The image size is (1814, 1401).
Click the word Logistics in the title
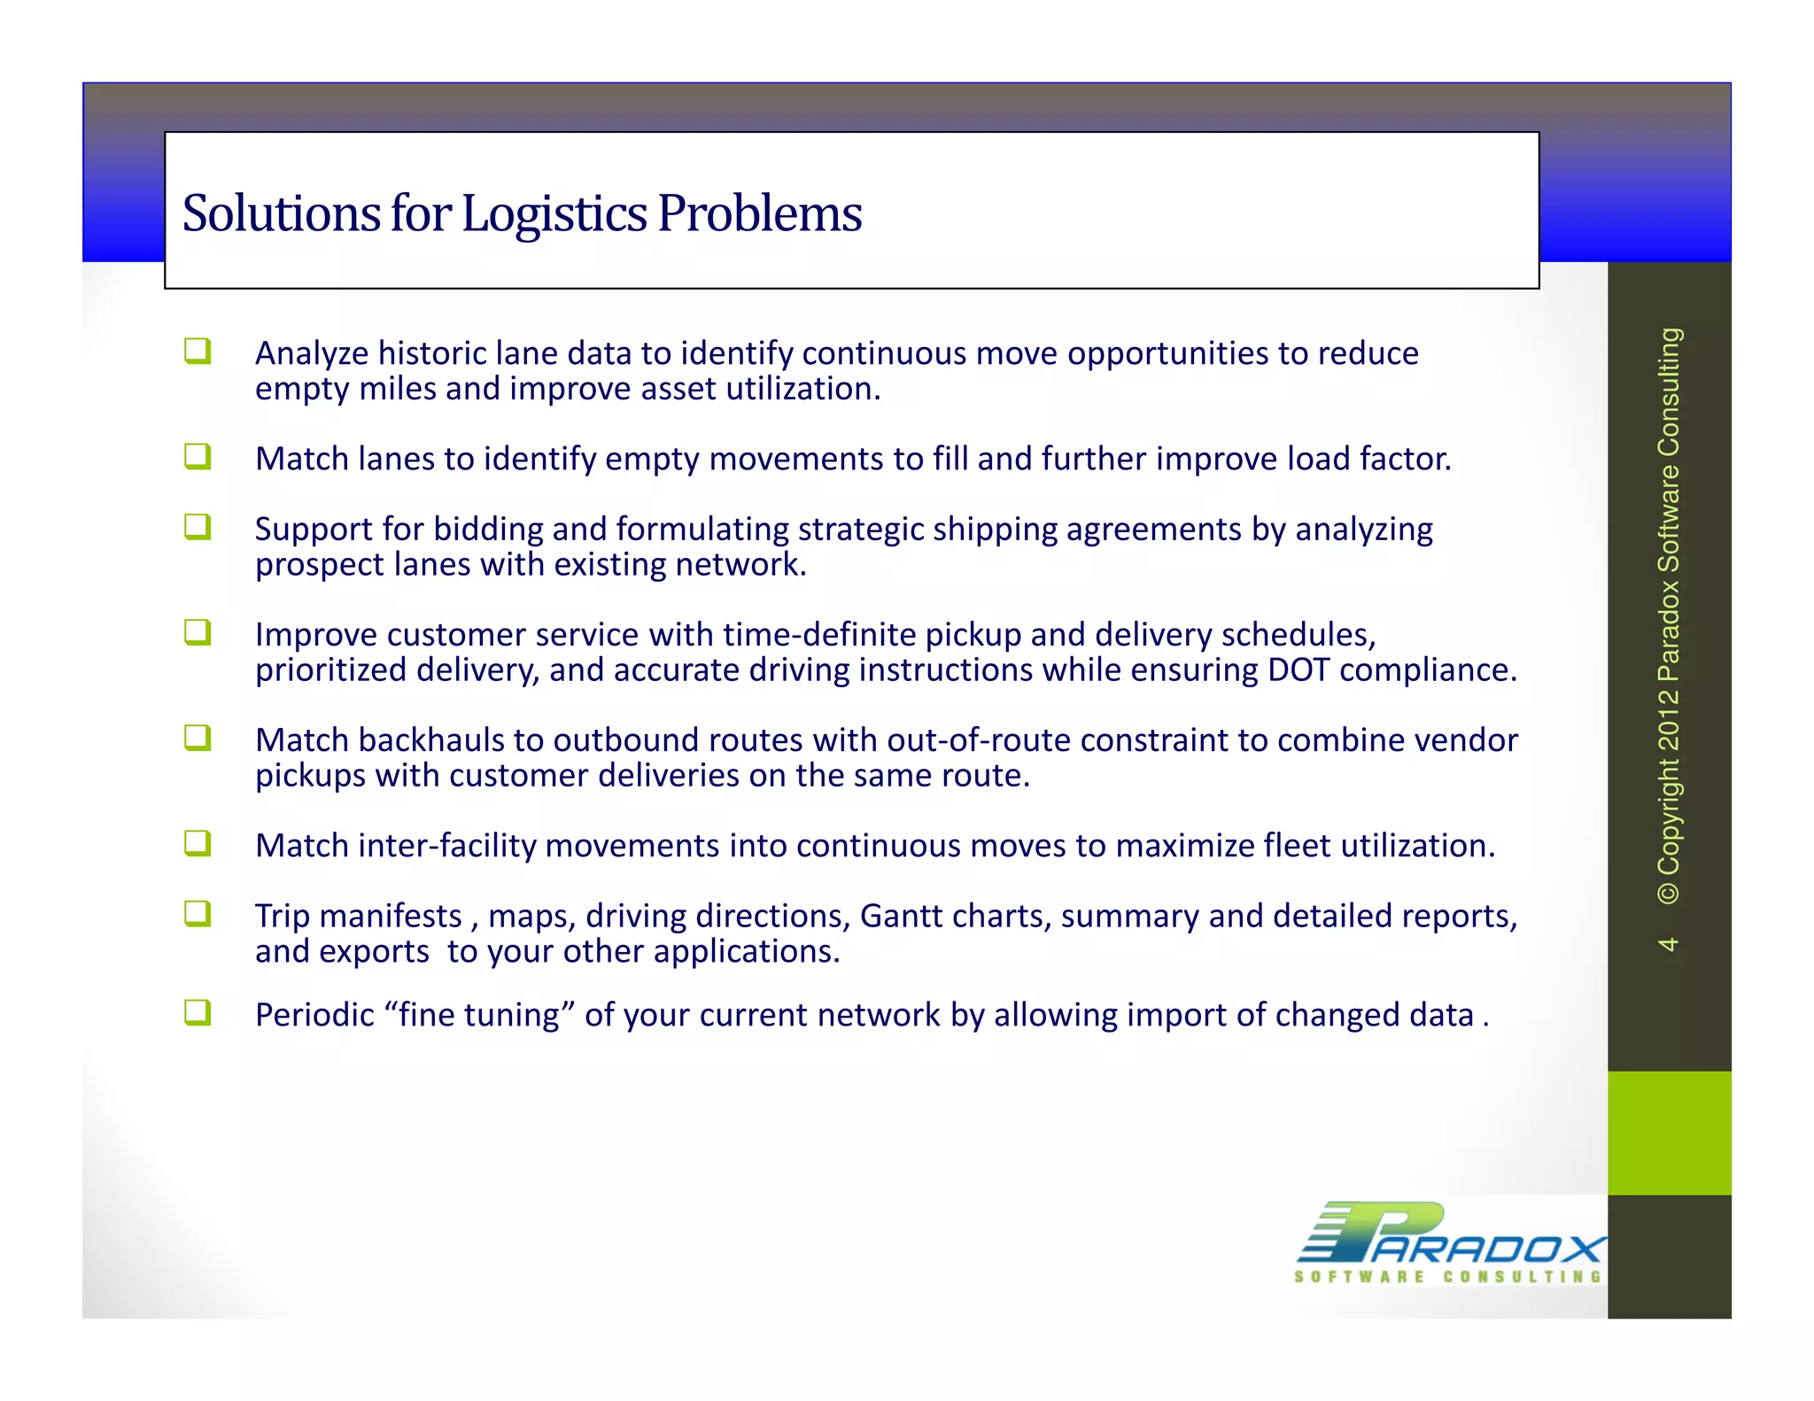554,214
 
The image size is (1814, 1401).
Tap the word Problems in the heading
759,213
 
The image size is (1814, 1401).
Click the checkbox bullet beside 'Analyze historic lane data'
198,351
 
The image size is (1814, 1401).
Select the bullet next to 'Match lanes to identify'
198,456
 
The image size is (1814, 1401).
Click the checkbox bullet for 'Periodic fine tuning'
198,1011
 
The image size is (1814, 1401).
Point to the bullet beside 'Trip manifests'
198,913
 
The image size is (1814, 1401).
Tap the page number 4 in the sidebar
1668,944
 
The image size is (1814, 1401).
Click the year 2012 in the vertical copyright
1668,721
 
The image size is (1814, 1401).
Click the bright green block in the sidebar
1669,1133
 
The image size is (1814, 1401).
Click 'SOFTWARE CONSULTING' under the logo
1447,1277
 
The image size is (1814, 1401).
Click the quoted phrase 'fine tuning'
484,1015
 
